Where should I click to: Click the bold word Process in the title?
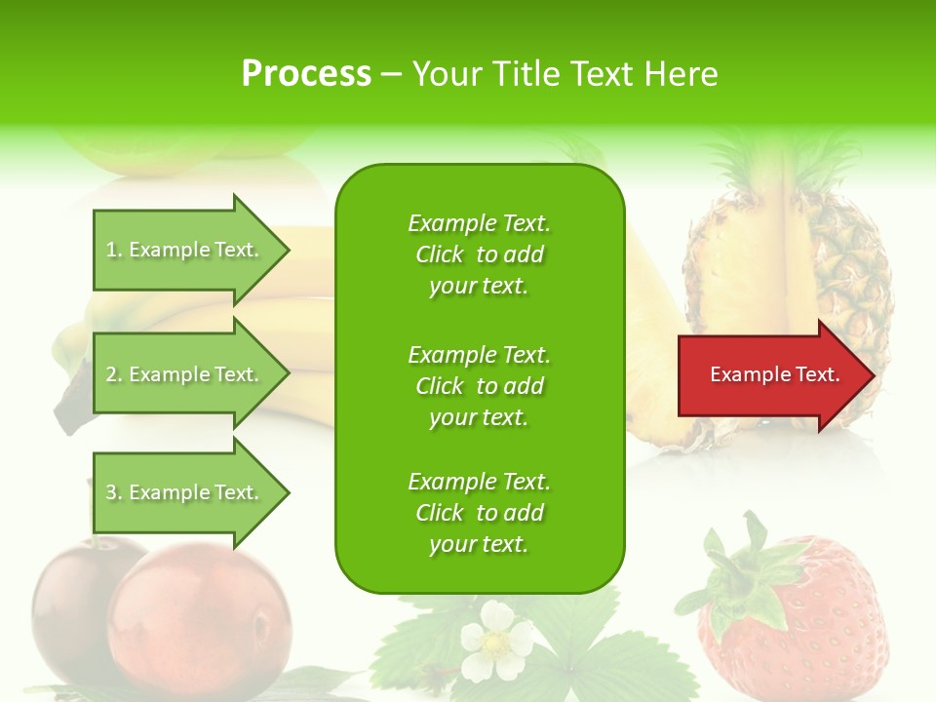coord(306,74)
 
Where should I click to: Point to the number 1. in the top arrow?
coord(114,250)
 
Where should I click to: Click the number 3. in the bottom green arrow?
coord(114,492)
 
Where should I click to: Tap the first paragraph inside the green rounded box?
coord(479,254)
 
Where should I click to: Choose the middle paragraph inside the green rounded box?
coord(479,386)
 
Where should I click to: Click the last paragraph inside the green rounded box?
coord(479,513)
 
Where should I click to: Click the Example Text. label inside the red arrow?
coord(774,374)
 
